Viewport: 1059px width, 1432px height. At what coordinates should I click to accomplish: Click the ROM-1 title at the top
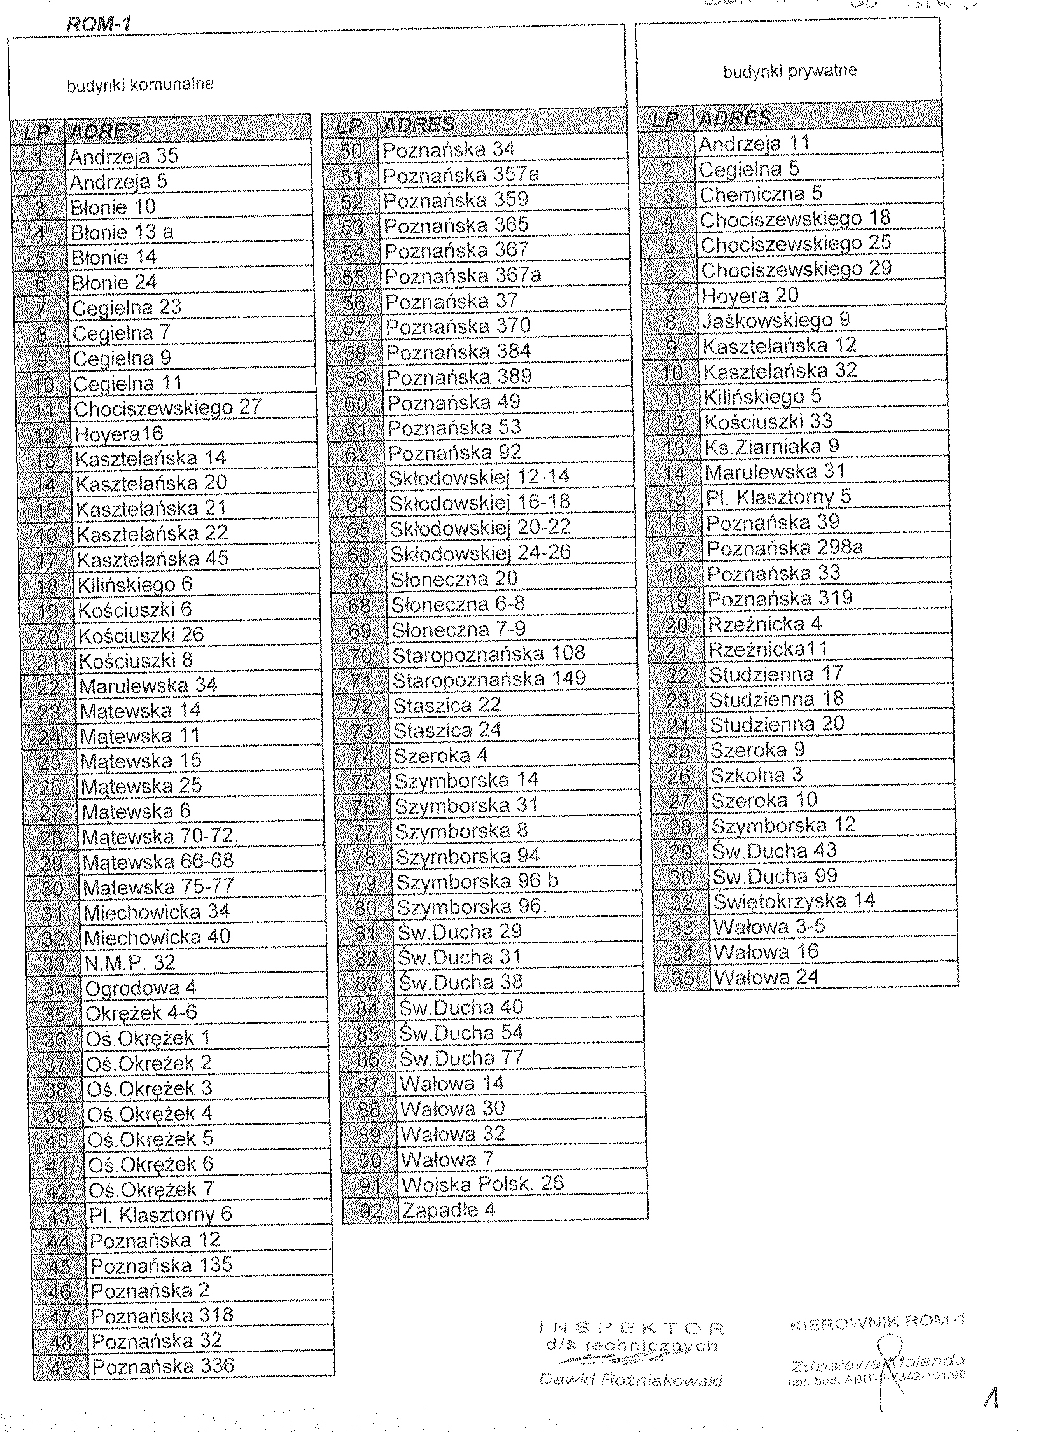(98, 25)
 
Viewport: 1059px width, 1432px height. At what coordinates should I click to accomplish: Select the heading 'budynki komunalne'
(141, 85)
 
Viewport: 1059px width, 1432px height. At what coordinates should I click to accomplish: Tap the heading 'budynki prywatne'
(789, 71)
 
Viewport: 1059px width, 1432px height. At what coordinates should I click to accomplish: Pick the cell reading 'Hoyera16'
(119, 434)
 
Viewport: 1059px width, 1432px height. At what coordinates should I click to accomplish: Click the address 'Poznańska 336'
(163, 1365)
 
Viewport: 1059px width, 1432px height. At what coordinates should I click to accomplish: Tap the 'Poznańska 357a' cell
(460, 174)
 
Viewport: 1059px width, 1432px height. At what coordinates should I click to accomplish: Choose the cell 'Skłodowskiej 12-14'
(479, 476)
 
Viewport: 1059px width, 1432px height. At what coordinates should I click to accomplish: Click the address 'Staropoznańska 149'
(489, 679)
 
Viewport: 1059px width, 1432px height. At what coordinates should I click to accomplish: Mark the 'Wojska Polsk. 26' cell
(482, 1183)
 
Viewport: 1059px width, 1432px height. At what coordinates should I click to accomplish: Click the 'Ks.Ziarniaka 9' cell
(771, 447)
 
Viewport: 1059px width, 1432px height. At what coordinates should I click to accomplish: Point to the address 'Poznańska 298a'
(785, 548)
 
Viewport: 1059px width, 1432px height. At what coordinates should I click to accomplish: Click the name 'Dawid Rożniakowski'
(631, 1379)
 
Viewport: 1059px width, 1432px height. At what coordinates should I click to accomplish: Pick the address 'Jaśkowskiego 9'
(776, 320)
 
